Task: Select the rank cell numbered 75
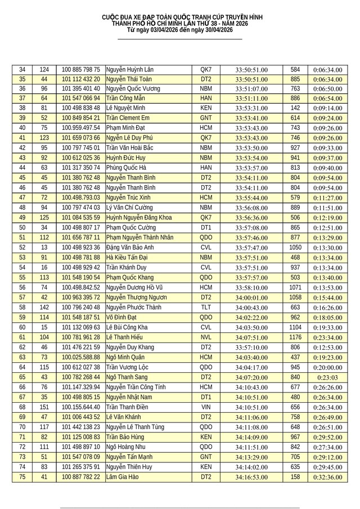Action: tap(22, 477)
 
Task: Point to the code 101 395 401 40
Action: tap(81, 88)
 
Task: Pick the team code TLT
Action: tap(206, 307)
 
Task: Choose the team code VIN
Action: tap(206, 407)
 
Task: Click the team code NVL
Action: tap(206, 337)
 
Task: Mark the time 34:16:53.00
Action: tap(251, 477)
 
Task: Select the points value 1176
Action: tap(295, 337)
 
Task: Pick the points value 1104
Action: tap(295, 327)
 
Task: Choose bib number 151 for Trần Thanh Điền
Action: tap(43, 407)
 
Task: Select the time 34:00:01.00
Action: tap(251, 297)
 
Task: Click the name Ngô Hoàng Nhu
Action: tap(126, 447)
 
